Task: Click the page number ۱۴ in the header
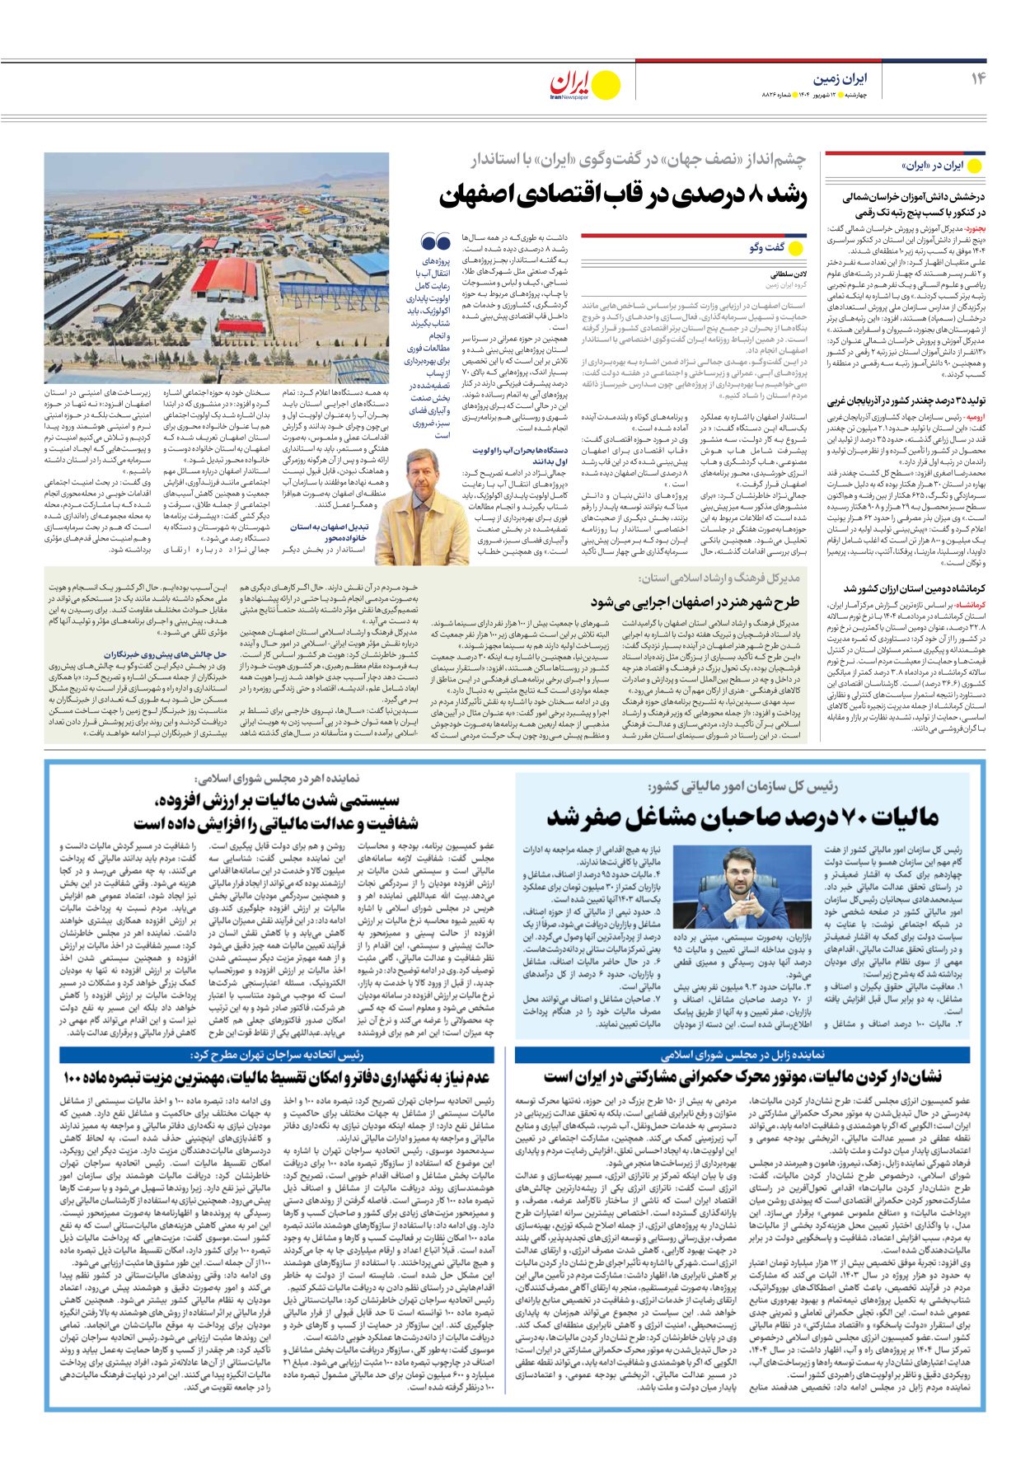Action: tap(977, 78)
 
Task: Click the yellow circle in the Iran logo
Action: tap(606, 85)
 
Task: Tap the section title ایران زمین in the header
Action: tap(840, 78)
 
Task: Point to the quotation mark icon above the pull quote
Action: tap(435, 242)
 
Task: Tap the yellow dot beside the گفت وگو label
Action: tap(796, 247)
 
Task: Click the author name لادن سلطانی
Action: tap(789, 274)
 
